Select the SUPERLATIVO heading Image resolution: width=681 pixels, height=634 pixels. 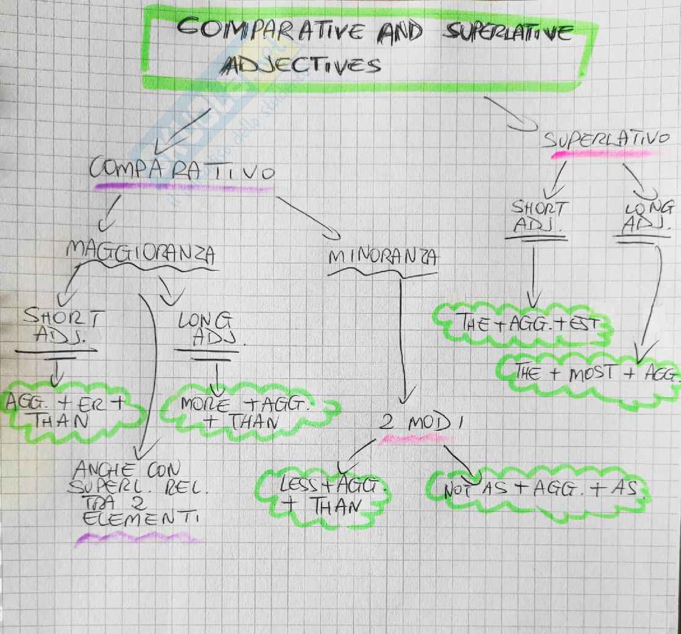coord(605,140)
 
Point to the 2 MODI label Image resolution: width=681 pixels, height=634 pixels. coord(417,423)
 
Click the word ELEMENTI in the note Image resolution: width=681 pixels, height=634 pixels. coord(135,520)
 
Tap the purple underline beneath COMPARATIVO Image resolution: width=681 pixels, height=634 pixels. coord(183,187)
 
